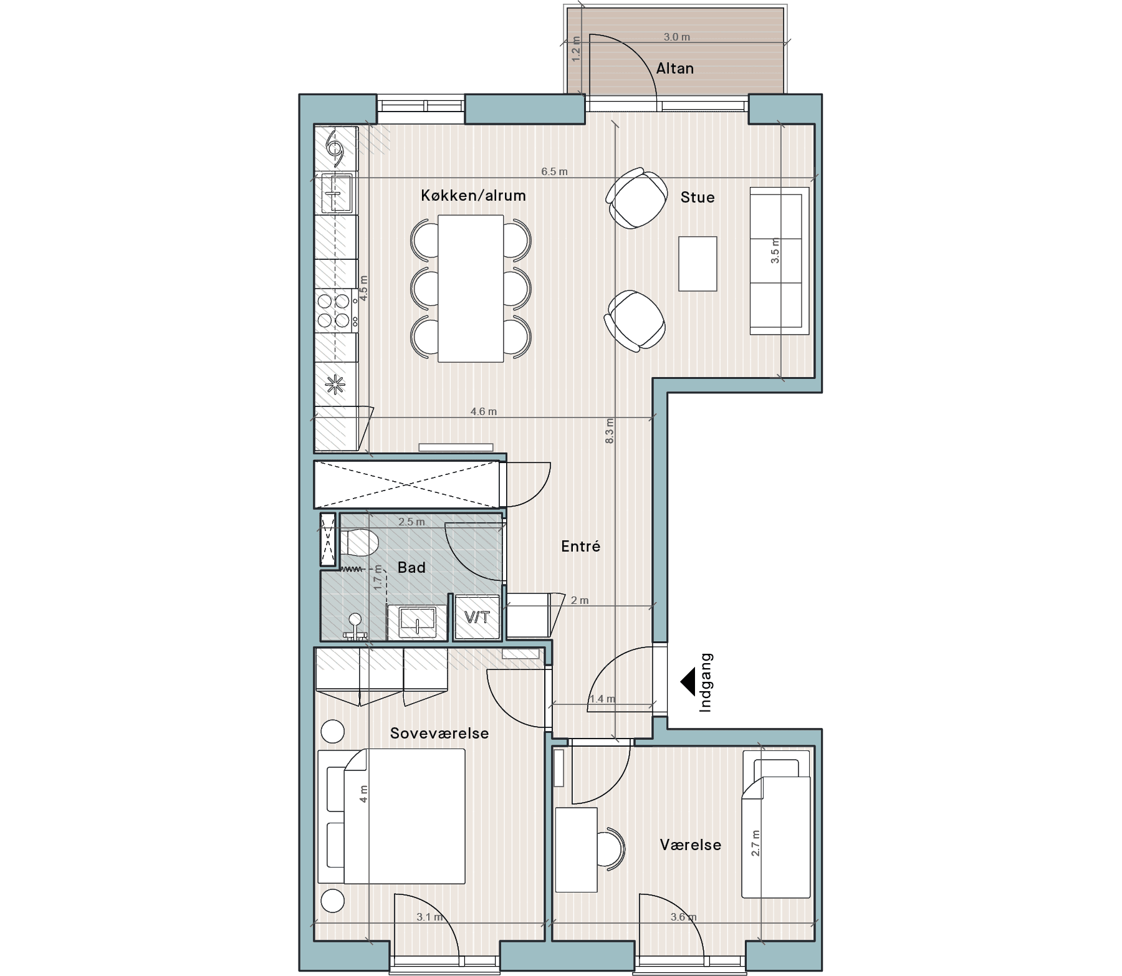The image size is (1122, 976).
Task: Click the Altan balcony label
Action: pos(674,68)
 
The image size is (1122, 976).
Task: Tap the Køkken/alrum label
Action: pos(473,196)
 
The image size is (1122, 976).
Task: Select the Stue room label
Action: pos(698,198)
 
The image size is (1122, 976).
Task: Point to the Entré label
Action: pos(580,547)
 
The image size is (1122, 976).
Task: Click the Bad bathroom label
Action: pos(411,568)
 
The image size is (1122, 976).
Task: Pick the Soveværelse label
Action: pos(439,734)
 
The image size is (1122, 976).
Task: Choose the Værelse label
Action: pos(691,845)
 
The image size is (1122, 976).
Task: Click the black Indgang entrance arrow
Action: pos(687,682)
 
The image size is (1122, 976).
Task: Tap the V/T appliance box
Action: pos(477,618)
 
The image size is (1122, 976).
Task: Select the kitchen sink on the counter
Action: pos(336,193)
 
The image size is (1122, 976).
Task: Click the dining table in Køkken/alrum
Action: pos(471,289)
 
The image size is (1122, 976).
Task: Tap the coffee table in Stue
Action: pos(698,264)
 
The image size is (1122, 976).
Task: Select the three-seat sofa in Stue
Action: pos(779,260)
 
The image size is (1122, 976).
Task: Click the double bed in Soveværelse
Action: pos(392,816)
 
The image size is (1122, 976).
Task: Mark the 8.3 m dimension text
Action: pos(610,431)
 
